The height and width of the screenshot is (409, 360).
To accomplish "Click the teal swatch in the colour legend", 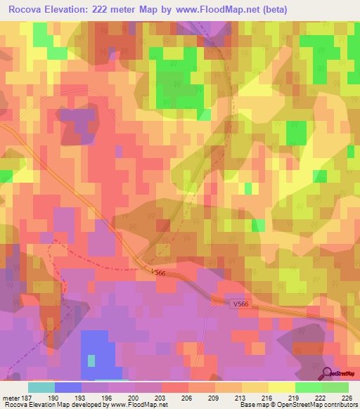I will (41, 387).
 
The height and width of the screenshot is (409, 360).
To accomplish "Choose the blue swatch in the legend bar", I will (68, 387).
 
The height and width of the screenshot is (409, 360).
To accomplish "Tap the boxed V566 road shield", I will (240, 304).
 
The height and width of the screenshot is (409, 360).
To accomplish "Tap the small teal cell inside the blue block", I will (91, 361).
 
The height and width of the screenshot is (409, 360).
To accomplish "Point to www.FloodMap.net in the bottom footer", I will (138, 404).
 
